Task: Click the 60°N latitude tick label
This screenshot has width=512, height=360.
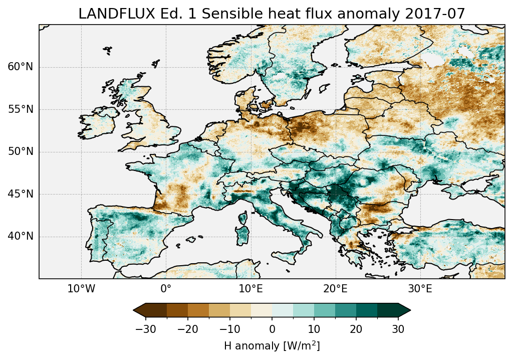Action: [x=21, y=67]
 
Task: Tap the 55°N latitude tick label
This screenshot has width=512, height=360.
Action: [x=21, y=109]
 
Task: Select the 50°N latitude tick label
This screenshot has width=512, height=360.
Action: [x=21, y=151]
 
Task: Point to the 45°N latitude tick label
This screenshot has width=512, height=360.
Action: [x=21, y=194]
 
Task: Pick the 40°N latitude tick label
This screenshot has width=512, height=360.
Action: [x=21, y=236]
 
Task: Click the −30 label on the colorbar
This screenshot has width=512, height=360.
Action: [x=145, y=329]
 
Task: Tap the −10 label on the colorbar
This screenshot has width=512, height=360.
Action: [x=229, y=329]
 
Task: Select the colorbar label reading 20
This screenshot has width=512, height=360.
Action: [x=356, y=329]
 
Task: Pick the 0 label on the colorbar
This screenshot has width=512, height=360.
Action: [x=272, y=329]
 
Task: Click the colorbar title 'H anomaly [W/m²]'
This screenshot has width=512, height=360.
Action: [x=272, y=345]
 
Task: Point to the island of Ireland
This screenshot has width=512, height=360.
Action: [x=96, y=123]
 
